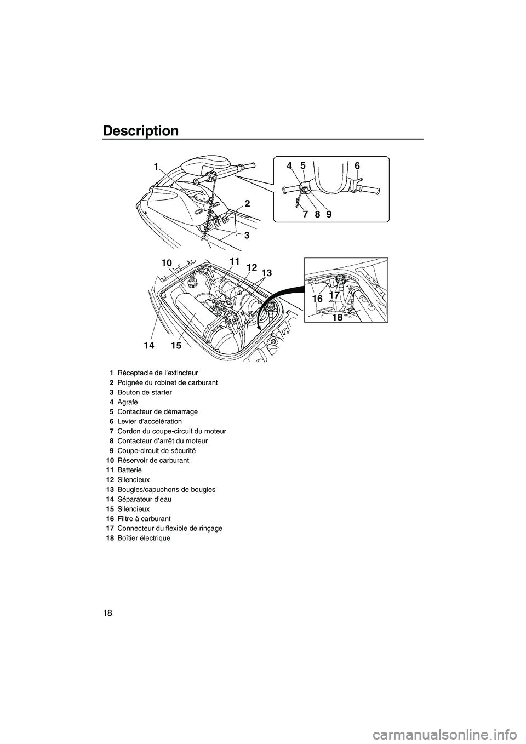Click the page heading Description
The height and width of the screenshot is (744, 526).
[140, 131]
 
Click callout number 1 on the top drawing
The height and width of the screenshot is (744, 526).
[156, 167]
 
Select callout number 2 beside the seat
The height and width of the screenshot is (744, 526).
[247, 203]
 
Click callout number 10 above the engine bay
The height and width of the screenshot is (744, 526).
[167, 264]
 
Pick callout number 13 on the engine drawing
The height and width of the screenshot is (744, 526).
[266, 273]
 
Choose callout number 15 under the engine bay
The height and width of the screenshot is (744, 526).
[175, 346]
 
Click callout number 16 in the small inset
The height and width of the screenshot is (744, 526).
[317, 299]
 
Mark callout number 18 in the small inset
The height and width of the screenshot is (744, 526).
[337, 317]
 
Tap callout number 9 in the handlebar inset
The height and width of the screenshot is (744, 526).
[329, 215]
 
